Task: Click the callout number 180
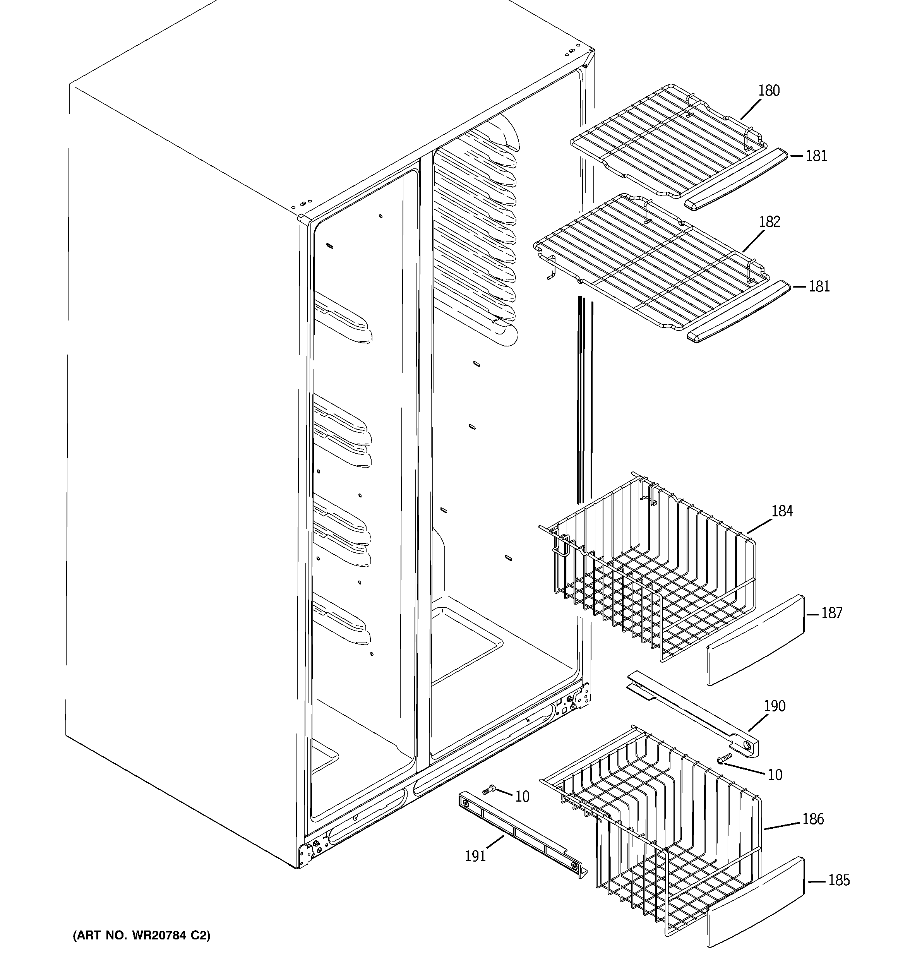[x=768, y=91]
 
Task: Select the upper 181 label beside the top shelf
[x=816, y=156]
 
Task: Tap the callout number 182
[x=769, y=222]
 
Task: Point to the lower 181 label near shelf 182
[x=819, y=287]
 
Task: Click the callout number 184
[x=782, y=511]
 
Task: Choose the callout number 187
[x=831, y=613]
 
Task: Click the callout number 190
[x=774, y=706]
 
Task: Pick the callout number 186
[x=813, y=819]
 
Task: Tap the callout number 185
[x=839, y=881]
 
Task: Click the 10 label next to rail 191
[x=522, y=797]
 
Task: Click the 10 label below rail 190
[x=775, y=775]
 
